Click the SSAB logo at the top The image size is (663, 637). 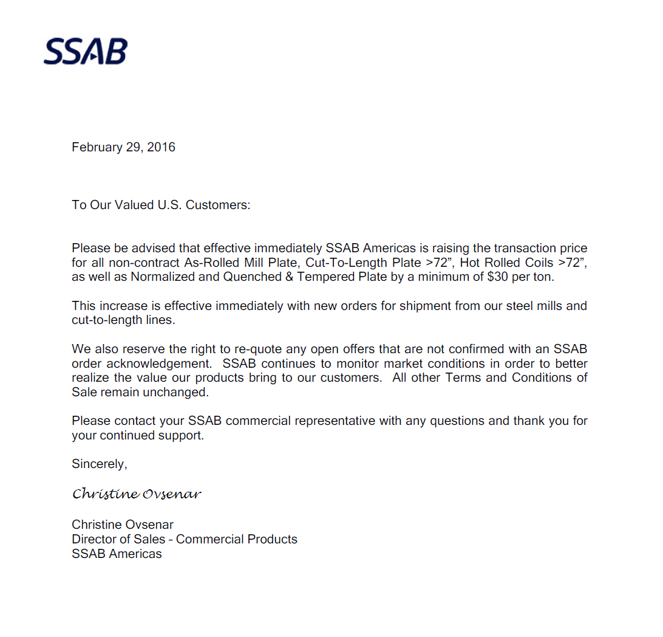[x=86, y=52]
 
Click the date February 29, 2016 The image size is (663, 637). [x=123, y=147]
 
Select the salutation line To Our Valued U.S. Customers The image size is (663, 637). [x=161, y=205]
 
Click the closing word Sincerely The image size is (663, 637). [x=100, y=464]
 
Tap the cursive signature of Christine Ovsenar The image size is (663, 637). [x=137, y=494]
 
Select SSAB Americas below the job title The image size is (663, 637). [x=117, y=554]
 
